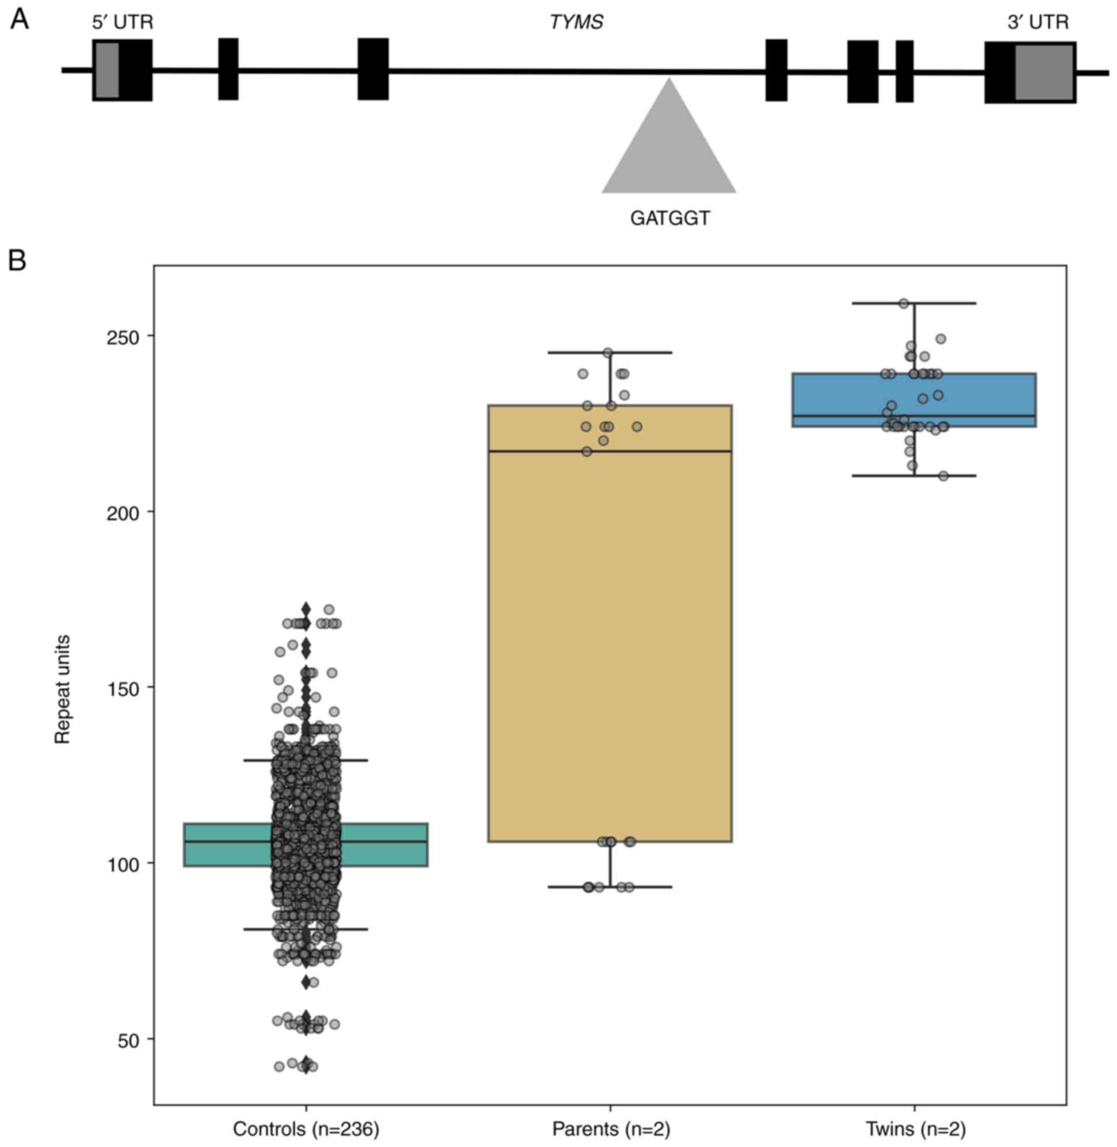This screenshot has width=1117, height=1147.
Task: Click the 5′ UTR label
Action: pos(123,23)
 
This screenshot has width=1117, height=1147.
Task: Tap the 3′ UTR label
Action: pos(1038,23)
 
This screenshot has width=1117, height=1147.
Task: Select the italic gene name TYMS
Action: pos(576,23)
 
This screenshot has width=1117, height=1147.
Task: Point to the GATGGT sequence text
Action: pos(670,219)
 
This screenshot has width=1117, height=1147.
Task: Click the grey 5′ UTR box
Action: pos(106,70)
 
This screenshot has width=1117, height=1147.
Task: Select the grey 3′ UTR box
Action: pos(1045,73)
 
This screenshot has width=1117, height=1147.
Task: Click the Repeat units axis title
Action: pos(62,689)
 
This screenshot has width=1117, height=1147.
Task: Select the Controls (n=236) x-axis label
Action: pos(306,1129)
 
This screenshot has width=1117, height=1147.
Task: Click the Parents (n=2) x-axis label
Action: pos(611,1129)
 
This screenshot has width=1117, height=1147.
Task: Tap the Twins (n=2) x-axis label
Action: pos(915,1129)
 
